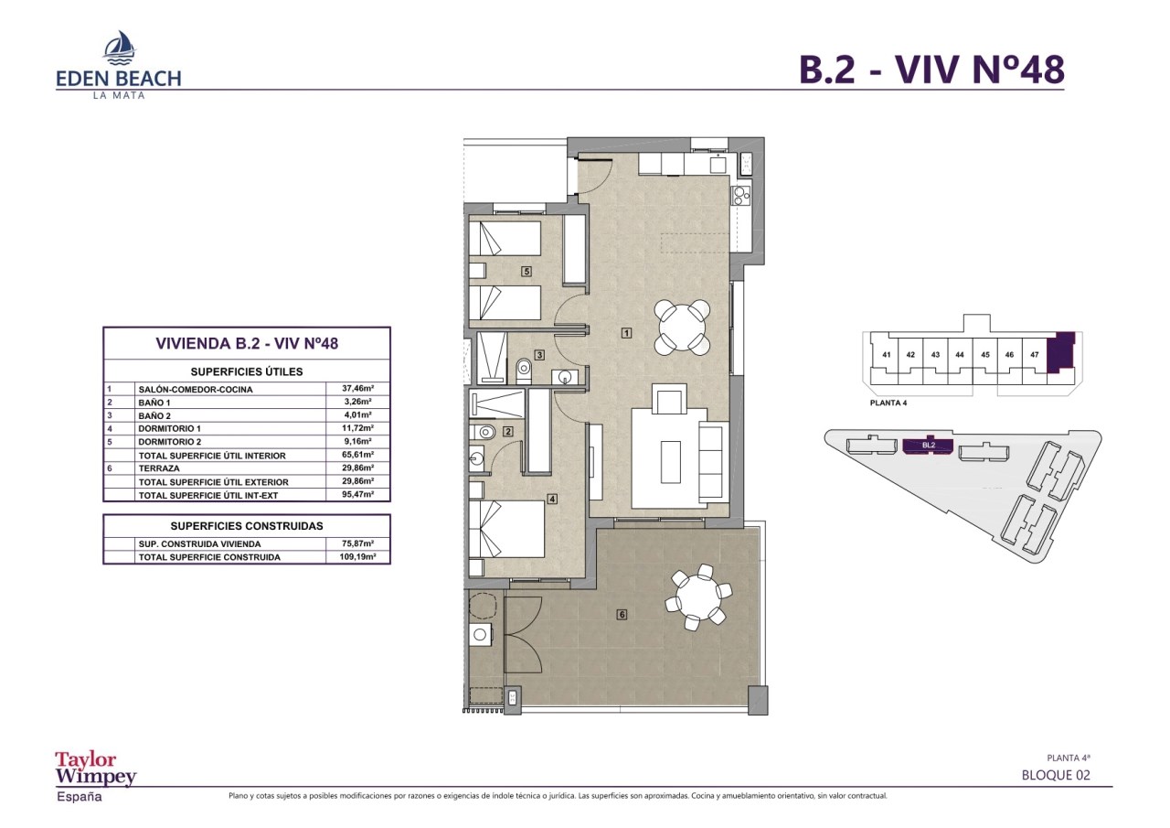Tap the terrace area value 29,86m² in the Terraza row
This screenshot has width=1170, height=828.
(x=357, y=468)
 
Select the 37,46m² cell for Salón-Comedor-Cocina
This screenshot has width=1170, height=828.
(x=357, y=389)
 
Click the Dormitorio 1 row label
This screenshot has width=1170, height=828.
(x=170, y=428)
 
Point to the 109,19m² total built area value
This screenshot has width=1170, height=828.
(x=357, y=556)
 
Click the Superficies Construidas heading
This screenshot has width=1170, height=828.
(x=247, y=526)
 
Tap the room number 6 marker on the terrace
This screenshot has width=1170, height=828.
(x=622, y=615)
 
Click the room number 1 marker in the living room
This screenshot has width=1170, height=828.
(x=626, y=332)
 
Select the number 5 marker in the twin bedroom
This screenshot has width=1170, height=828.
(x=526, y=272)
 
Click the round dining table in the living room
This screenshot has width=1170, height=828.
(x=682, y=328)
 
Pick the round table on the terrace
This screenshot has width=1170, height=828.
(x=698, y=597)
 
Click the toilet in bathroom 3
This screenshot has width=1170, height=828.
(x=523, y=371)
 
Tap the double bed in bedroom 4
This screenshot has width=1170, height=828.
(x=506, y=529)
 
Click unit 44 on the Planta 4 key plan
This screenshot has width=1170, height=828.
(x=960, y=354)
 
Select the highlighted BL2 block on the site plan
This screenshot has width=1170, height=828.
(x=928, y=446)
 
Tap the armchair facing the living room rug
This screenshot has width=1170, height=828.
(x=672, y=399)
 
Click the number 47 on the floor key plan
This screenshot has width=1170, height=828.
(x=1034, y=354)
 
